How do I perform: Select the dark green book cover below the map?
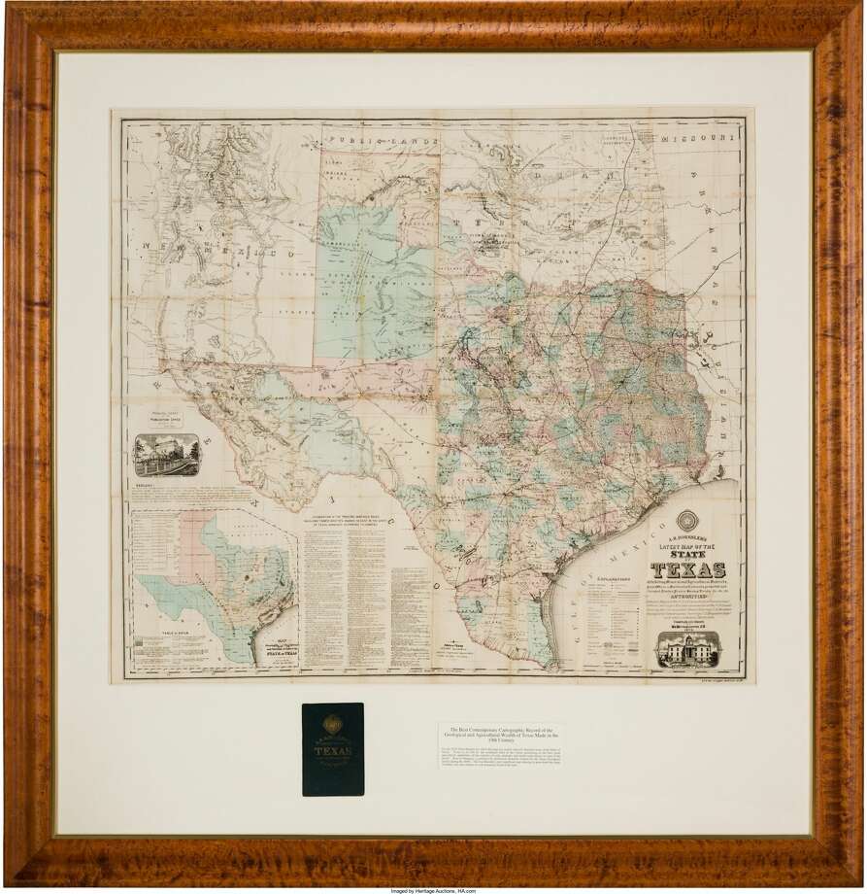point(332,749)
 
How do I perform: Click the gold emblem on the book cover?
point(332,722)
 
